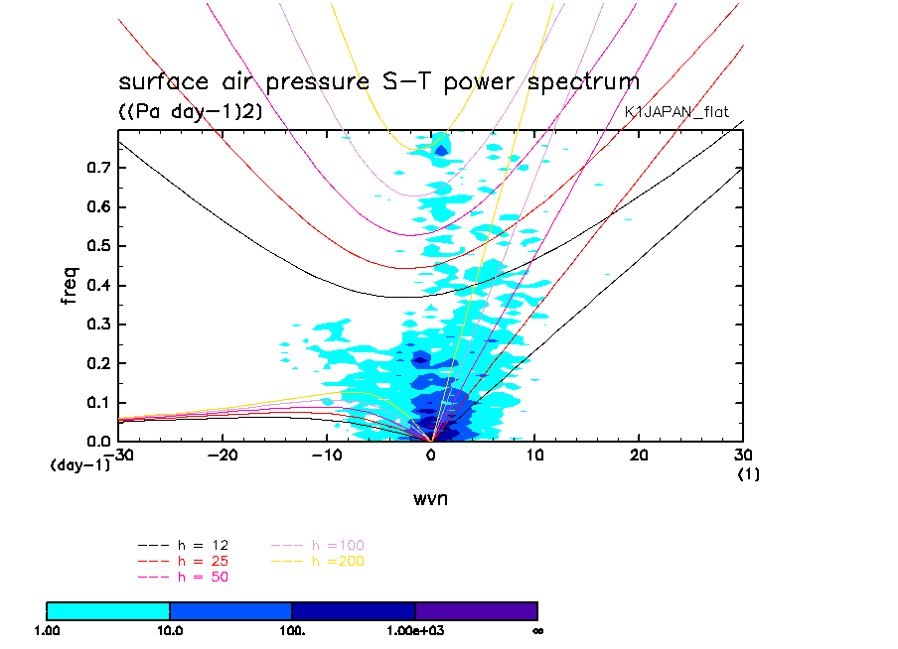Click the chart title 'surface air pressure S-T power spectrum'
point(378,81)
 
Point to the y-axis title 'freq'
point(70,280)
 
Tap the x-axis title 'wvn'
point(430,499)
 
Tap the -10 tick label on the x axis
point(326,454)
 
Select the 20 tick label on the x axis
point(639,454)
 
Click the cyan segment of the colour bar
point(108,610)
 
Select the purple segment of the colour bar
point(476,610)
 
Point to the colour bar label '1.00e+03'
point(415,631)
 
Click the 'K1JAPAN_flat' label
point(683,112)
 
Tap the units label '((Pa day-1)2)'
point(190,112)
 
